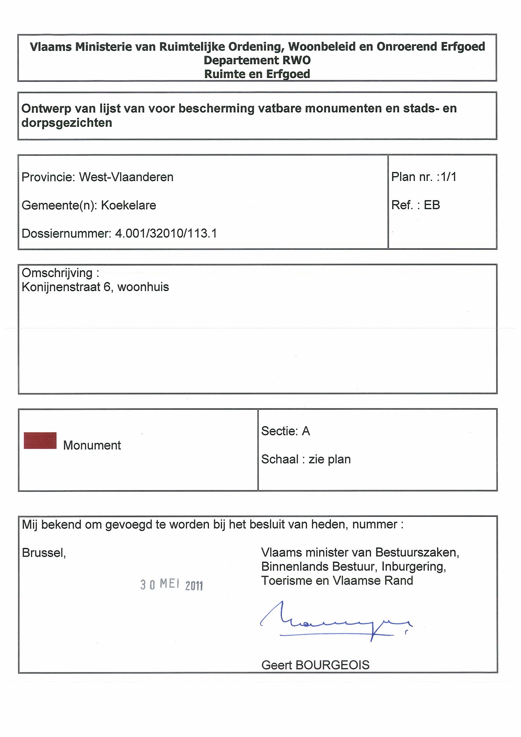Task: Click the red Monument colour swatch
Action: point(40,440)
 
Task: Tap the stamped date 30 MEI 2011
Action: point(171,585)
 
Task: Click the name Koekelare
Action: point(129,205)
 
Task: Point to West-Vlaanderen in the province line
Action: point(126,177)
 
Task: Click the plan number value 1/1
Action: point(449,177)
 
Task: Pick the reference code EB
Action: point(432,205)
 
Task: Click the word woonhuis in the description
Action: point(143,287)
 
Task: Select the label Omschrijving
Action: point(57,273)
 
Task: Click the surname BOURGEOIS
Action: point(332,665)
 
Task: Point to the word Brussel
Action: point(43,553)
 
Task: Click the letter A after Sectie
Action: point(306,431)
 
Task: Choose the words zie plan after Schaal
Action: point(329,459)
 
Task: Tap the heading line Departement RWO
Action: point(257,60)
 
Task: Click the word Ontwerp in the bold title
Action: point(46,109)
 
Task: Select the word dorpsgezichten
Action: point(67,123)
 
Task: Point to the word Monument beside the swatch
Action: point(92,446)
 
